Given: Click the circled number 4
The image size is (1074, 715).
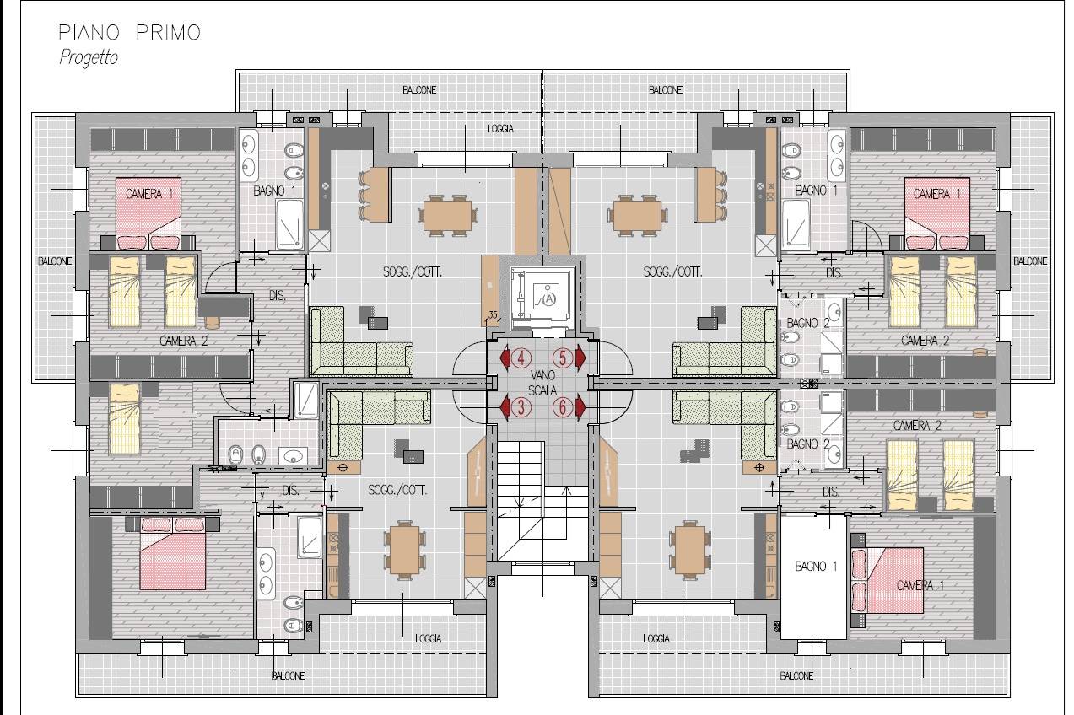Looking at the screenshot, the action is pyautogui.click(x=521, y=357).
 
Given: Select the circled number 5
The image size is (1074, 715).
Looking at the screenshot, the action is pyautogui.click(x=563, y=357).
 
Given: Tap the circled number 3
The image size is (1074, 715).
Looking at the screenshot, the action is pyautogui.click(x=521, y=407).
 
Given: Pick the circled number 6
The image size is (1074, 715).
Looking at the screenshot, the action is pyautogui.click(x=563, y=407).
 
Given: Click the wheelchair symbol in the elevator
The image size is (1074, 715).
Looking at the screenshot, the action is pyautogui.click(x=545, y=297).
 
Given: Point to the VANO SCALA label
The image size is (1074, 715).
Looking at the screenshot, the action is pyautogui.click(x=542, y=383).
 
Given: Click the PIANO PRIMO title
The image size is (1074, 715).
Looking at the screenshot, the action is pyautogui.click(x=129, y=33).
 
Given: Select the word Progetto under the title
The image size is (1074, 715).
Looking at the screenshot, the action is pyautogui.click(x=89, y=57).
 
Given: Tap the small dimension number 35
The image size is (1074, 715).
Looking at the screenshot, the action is pyautogui.click(x=493, y=315).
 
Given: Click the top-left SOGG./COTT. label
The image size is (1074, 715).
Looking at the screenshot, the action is pyautogui.click(x=413, y=272).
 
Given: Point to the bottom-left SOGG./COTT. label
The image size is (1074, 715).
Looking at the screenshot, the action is pyautogui.click(x=397, y=490).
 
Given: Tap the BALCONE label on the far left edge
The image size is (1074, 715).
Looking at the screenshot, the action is pyautogui.click(x=55, y=261).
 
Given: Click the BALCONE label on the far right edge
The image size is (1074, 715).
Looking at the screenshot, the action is pyautogui.click(x=1030, y=261).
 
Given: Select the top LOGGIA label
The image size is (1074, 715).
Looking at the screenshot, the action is pyautogui.click(x=500, y=128).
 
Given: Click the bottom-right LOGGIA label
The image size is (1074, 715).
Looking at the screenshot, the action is pyautogui.click(x=656, y=638).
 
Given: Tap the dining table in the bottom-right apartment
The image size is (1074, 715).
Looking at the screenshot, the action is pyautogui.click(x=689, y=550).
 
